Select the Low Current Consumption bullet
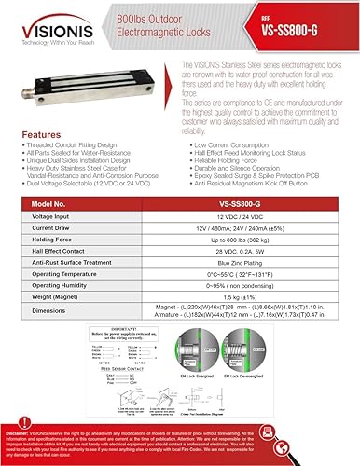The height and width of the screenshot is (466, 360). (232, 147)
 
